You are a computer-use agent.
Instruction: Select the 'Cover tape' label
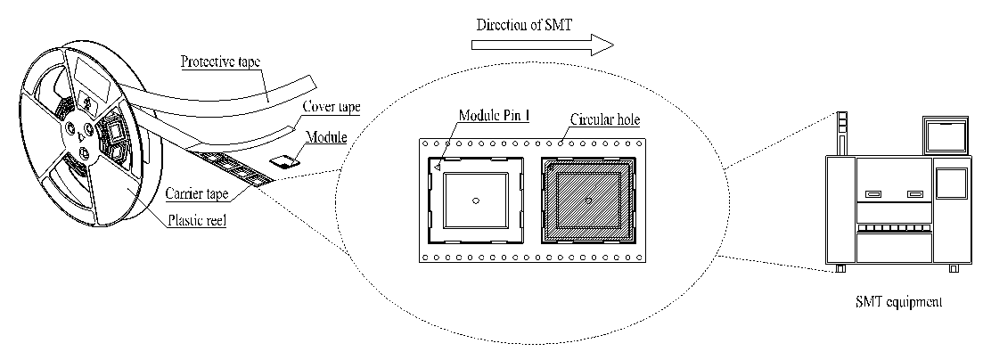coord(332,108)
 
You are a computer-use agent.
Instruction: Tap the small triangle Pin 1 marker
coord(438,166)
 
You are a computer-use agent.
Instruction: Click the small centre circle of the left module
coord(476,200)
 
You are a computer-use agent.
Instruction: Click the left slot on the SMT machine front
coord(872,194)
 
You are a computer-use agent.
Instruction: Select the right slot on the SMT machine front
coord(913,194)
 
